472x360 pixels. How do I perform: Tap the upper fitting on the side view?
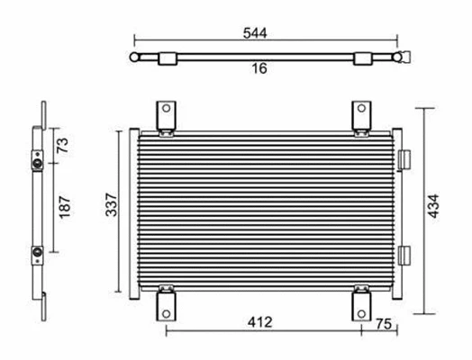click(37, 164)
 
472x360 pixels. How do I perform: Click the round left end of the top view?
click(135, 58)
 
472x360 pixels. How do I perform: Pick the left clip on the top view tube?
click(167, 58)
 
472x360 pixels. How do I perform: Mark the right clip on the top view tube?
click(362, 58)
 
